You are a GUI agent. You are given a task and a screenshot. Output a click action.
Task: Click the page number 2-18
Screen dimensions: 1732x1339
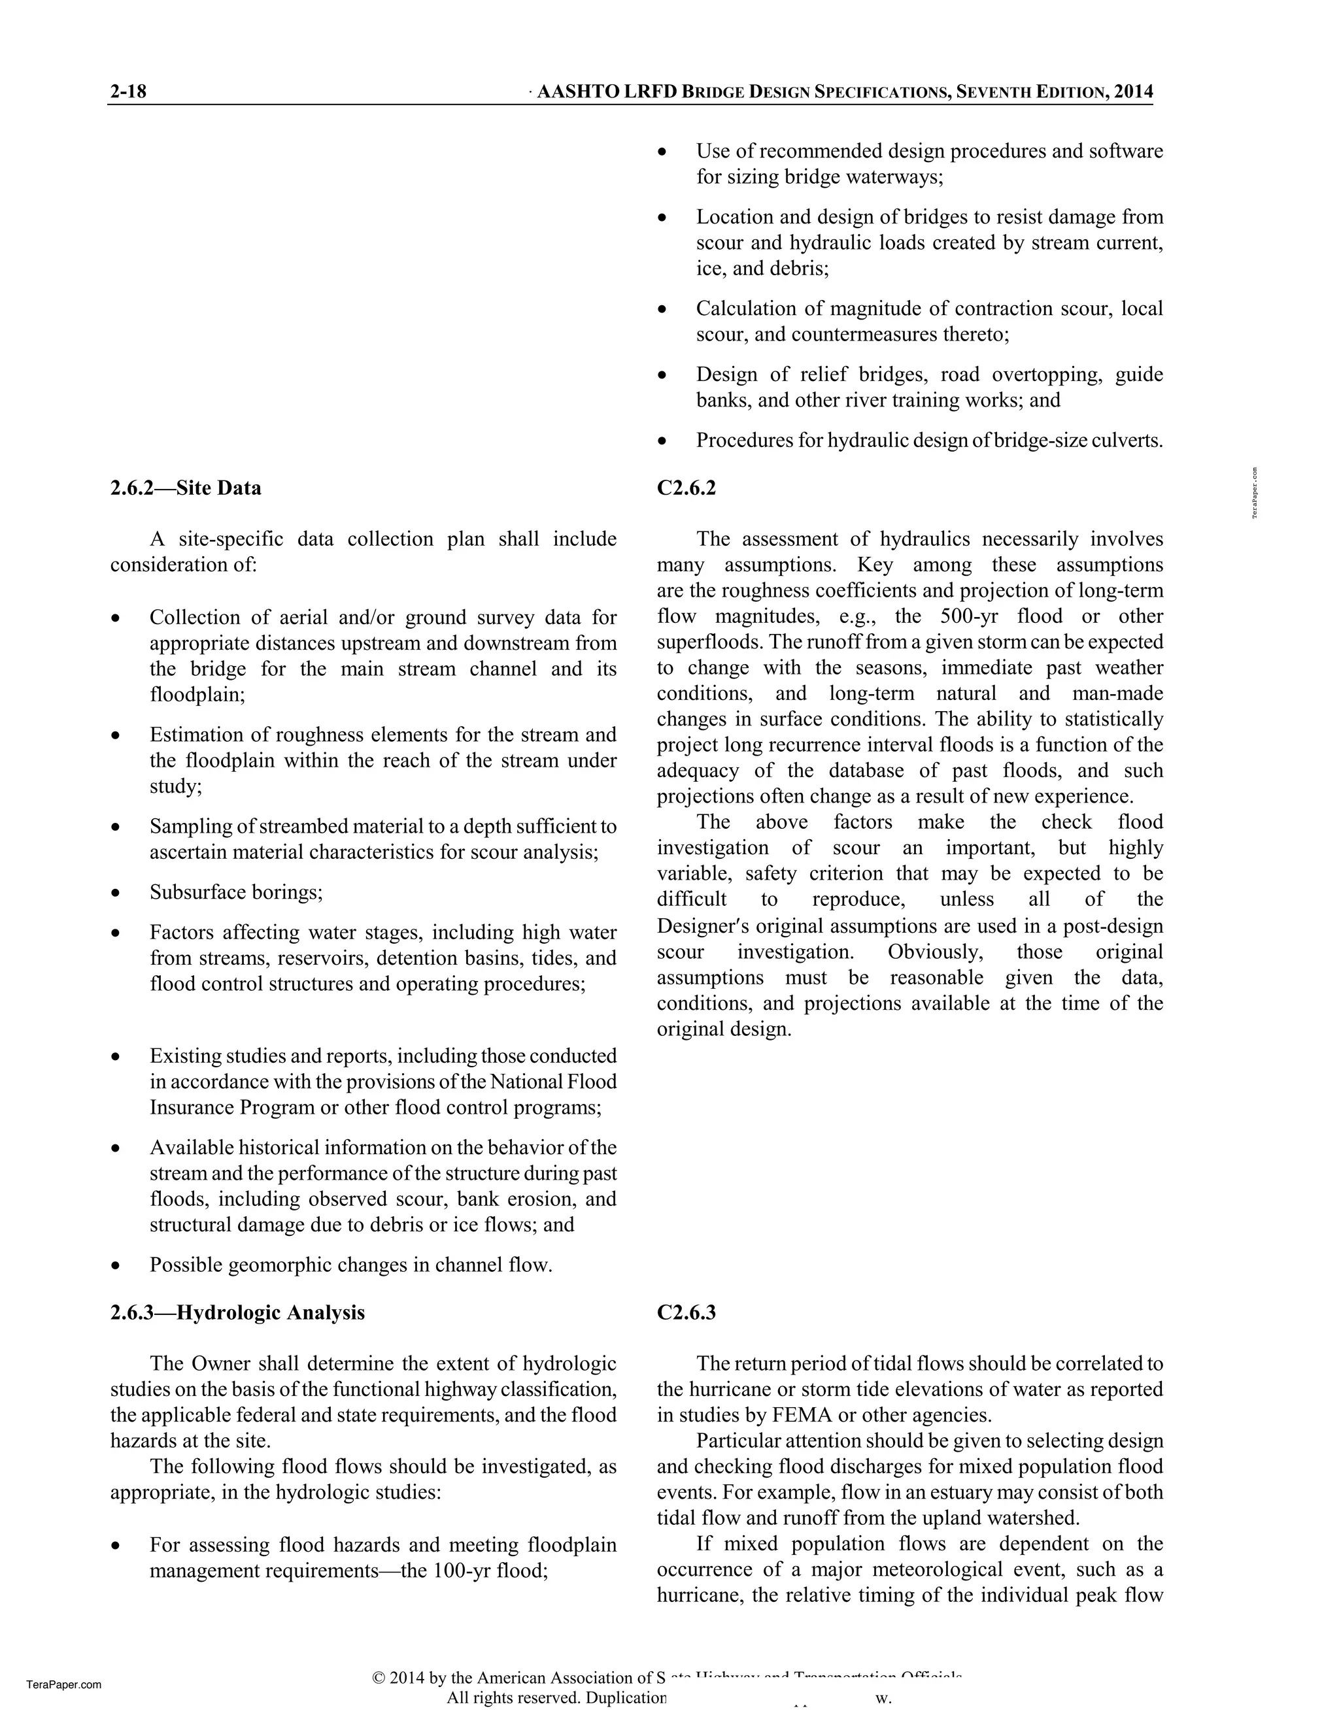tap(129, 92)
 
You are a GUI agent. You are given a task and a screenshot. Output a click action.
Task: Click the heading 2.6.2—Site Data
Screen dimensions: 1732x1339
tap(186, 488)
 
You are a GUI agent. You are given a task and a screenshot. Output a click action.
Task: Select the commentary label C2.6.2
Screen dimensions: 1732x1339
tap(686, 488)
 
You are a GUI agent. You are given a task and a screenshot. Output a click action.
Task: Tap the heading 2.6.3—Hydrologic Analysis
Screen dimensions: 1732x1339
tap(237, 1312)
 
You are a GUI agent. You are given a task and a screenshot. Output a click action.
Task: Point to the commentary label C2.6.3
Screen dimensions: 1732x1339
tap(686, 1312)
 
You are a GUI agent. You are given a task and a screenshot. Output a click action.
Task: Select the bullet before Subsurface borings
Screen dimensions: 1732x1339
tap(116, 893)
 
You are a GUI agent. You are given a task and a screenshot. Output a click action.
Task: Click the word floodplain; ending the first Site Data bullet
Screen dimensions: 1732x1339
tap(197, 694)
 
